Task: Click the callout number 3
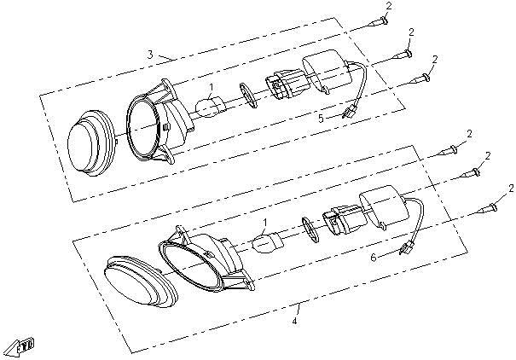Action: (x=150, y=55)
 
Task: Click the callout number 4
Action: (x=295, y=321)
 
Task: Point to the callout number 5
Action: (x=322, y=119)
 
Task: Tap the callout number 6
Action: (x=372, y=256)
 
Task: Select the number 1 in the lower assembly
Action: (x=265, y=222)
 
